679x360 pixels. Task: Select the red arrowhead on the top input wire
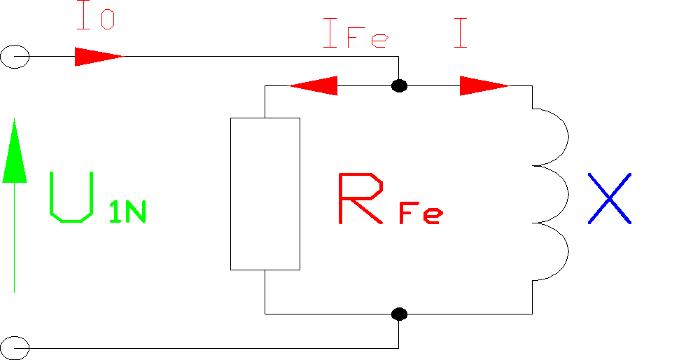pos(98,56)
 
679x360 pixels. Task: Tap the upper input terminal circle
pos(15,56)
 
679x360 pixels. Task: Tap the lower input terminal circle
pos(15,347)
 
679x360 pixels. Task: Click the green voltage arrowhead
pos(15,151)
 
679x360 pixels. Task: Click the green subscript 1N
pos(127,212)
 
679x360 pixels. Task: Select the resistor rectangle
pos(265,193)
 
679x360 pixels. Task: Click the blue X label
pos(608,198)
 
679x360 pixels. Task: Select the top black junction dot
pos(399,86)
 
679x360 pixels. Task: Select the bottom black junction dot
pos(399,313)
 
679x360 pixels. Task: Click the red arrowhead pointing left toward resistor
pos(313,86)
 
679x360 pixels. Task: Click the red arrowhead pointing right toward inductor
pos(484,86)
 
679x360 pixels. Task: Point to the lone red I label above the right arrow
pos(460,34)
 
